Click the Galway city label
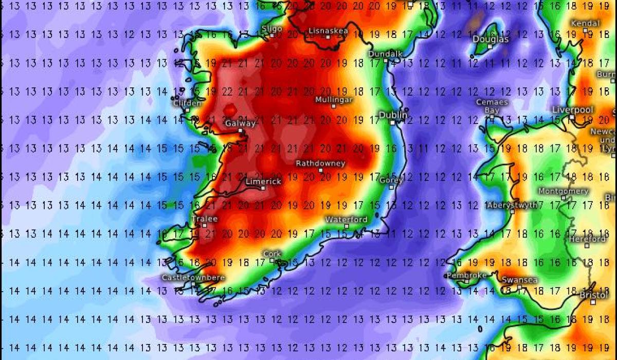240,123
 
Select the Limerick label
263,182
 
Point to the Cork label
272,254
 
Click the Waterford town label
346,220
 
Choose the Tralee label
204,219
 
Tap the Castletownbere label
193,277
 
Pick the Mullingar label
334,99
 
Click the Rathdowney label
320,163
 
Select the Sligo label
272,28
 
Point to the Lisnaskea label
328,31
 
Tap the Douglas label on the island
491,40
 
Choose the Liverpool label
572,110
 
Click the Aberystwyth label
512,205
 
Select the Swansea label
519,280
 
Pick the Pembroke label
466,275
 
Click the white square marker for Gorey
391,187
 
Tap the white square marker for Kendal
585,31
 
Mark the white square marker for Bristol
593,302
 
